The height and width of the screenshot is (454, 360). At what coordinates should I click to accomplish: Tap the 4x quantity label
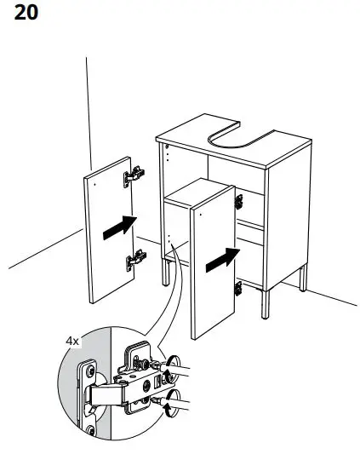pyautogui.click(x=73, y=340)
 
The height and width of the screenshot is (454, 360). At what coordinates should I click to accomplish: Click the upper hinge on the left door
pyautogui.click(x=133, y=176)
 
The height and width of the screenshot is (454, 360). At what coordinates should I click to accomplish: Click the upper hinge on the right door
pyautogui.click(x=239, y=202)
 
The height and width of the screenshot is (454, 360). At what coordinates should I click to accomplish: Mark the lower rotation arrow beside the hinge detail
pyautogui.click(x=175, y=410)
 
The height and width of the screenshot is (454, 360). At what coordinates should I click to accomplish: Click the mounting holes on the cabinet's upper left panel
pyautogui.click(x=168, y=154)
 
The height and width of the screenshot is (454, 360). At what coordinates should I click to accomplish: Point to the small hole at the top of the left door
pyautogui.click(x=96, y=181)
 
